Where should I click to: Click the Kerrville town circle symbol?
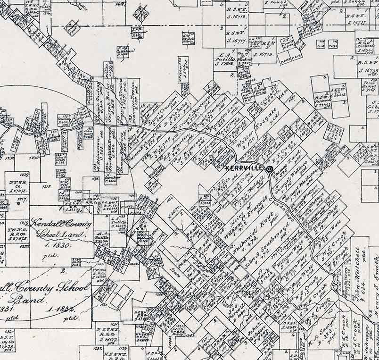pos(270,168)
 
